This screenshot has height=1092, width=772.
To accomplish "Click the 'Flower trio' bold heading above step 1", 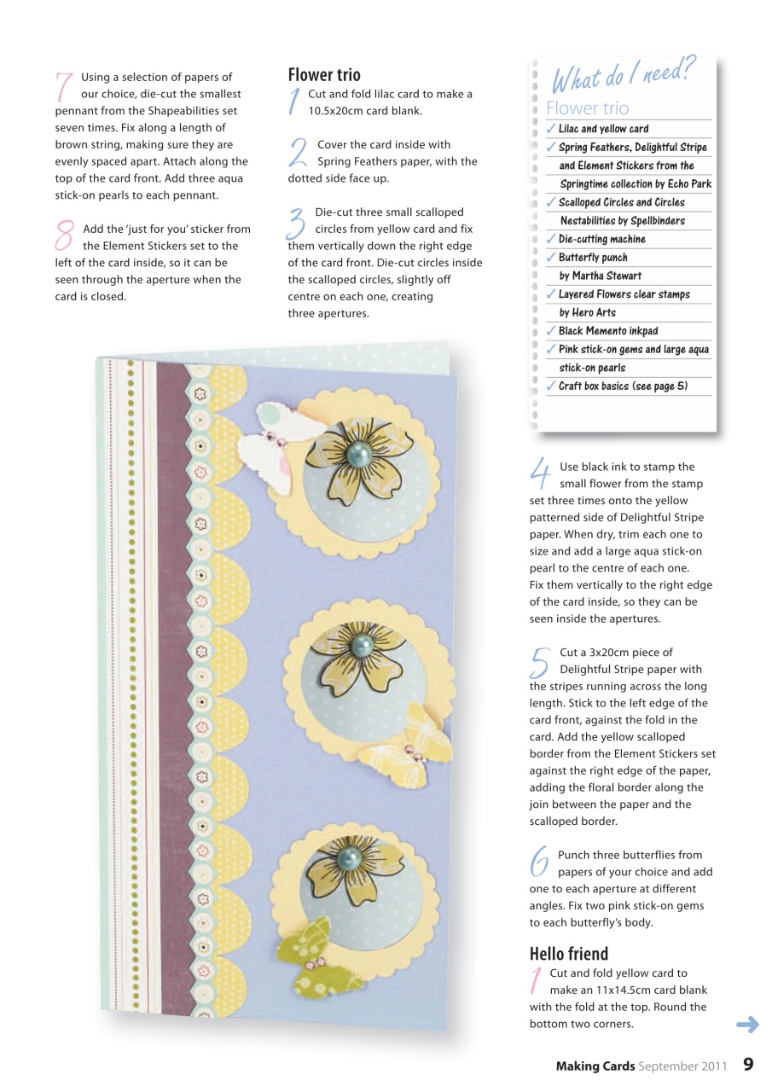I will (324, 75).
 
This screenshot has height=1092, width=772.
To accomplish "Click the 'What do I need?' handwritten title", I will (612, 78).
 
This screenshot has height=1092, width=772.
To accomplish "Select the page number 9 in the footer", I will (748, 1064).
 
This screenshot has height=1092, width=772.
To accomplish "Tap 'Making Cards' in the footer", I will (595, 1065).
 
